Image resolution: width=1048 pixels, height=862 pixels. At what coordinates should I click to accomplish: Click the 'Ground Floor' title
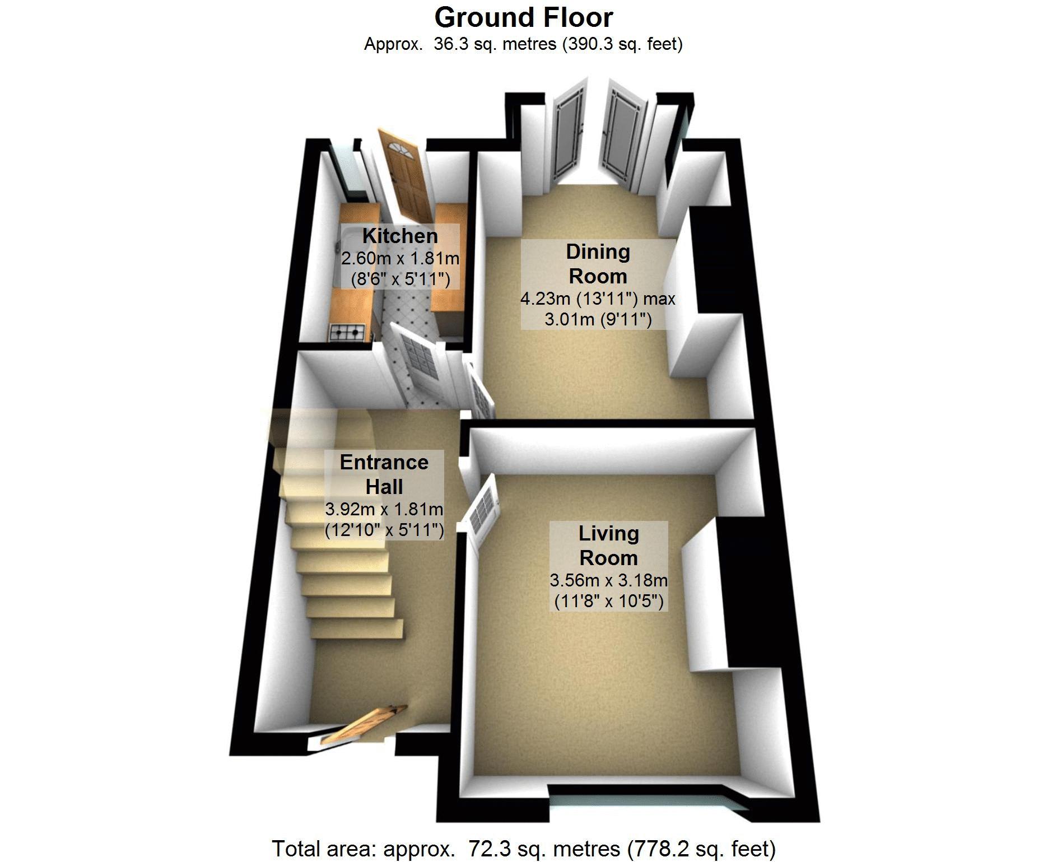pos(524,17)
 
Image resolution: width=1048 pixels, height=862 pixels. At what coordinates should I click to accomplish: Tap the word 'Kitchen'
pos(400,236)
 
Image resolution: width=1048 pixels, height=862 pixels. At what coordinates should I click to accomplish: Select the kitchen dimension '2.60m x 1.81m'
pos(400,258)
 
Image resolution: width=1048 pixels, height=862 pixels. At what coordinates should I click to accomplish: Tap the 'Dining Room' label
pos(598,264)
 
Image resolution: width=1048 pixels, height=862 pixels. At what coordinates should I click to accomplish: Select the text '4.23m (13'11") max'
pos(598,299)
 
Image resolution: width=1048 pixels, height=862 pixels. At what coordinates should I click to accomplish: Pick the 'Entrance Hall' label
pos(384,474)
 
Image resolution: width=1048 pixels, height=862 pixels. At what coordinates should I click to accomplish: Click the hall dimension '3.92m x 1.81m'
pos(384,509)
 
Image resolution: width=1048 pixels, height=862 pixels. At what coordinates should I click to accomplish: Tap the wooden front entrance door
pos(358,725)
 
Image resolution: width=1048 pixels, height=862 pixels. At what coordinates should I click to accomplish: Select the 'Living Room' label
pos(609,546)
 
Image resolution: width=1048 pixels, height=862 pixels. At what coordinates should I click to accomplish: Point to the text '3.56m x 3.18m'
pos(609,580)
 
